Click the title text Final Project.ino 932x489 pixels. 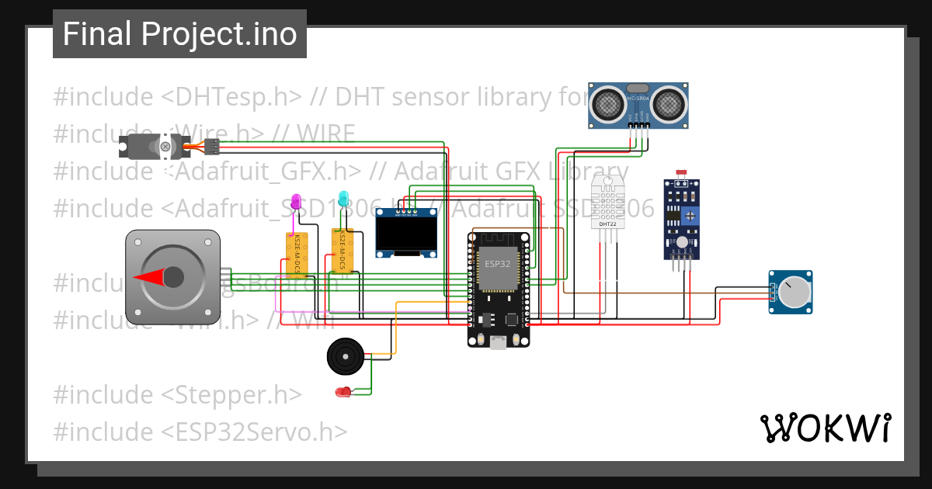(179, 34)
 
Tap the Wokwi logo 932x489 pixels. (825, 428)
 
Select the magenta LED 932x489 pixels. (295, 202)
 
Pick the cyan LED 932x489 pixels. (343, 198)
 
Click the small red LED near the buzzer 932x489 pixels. (343, 392)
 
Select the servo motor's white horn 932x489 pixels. (165, 145)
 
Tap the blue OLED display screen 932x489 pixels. (405, 234)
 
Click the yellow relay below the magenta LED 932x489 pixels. (296, 255)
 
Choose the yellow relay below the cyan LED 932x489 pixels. (340, 250)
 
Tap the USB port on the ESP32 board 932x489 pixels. (498, 341)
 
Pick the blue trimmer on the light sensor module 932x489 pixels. (688, 214)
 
